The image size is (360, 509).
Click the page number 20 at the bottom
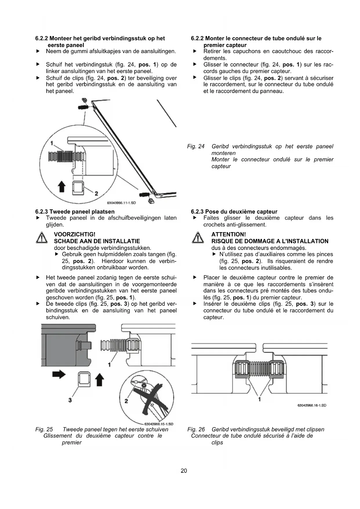(184, 471)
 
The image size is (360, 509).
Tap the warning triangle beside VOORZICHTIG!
(42, 238)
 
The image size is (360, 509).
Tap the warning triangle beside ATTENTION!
(198, 238)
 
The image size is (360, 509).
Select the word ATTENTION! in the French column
(229, 234)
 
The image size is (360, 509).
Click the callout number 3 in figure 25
(70, 400)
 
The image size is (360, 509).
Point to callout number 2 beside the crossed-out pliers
(126, 401)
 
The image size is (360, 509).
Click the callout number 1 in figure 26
(259, 399)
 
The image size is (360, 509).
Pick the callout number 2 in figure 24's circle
(96, 194)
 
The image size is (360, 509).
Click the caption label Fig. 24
(196, 147)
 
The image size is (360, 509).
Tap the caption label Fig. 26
(196, 429)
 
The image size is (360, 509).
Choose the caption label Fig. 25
(44, 429)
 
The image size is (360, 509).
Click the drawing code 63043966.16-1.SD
(312, 405)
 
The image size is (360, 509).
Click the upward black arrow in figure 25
(100, 379)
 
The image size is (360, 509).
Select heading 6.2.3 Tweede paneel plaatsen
(75, 212)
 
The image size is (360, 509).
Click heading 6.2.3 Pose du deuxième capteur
(234, 212)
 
